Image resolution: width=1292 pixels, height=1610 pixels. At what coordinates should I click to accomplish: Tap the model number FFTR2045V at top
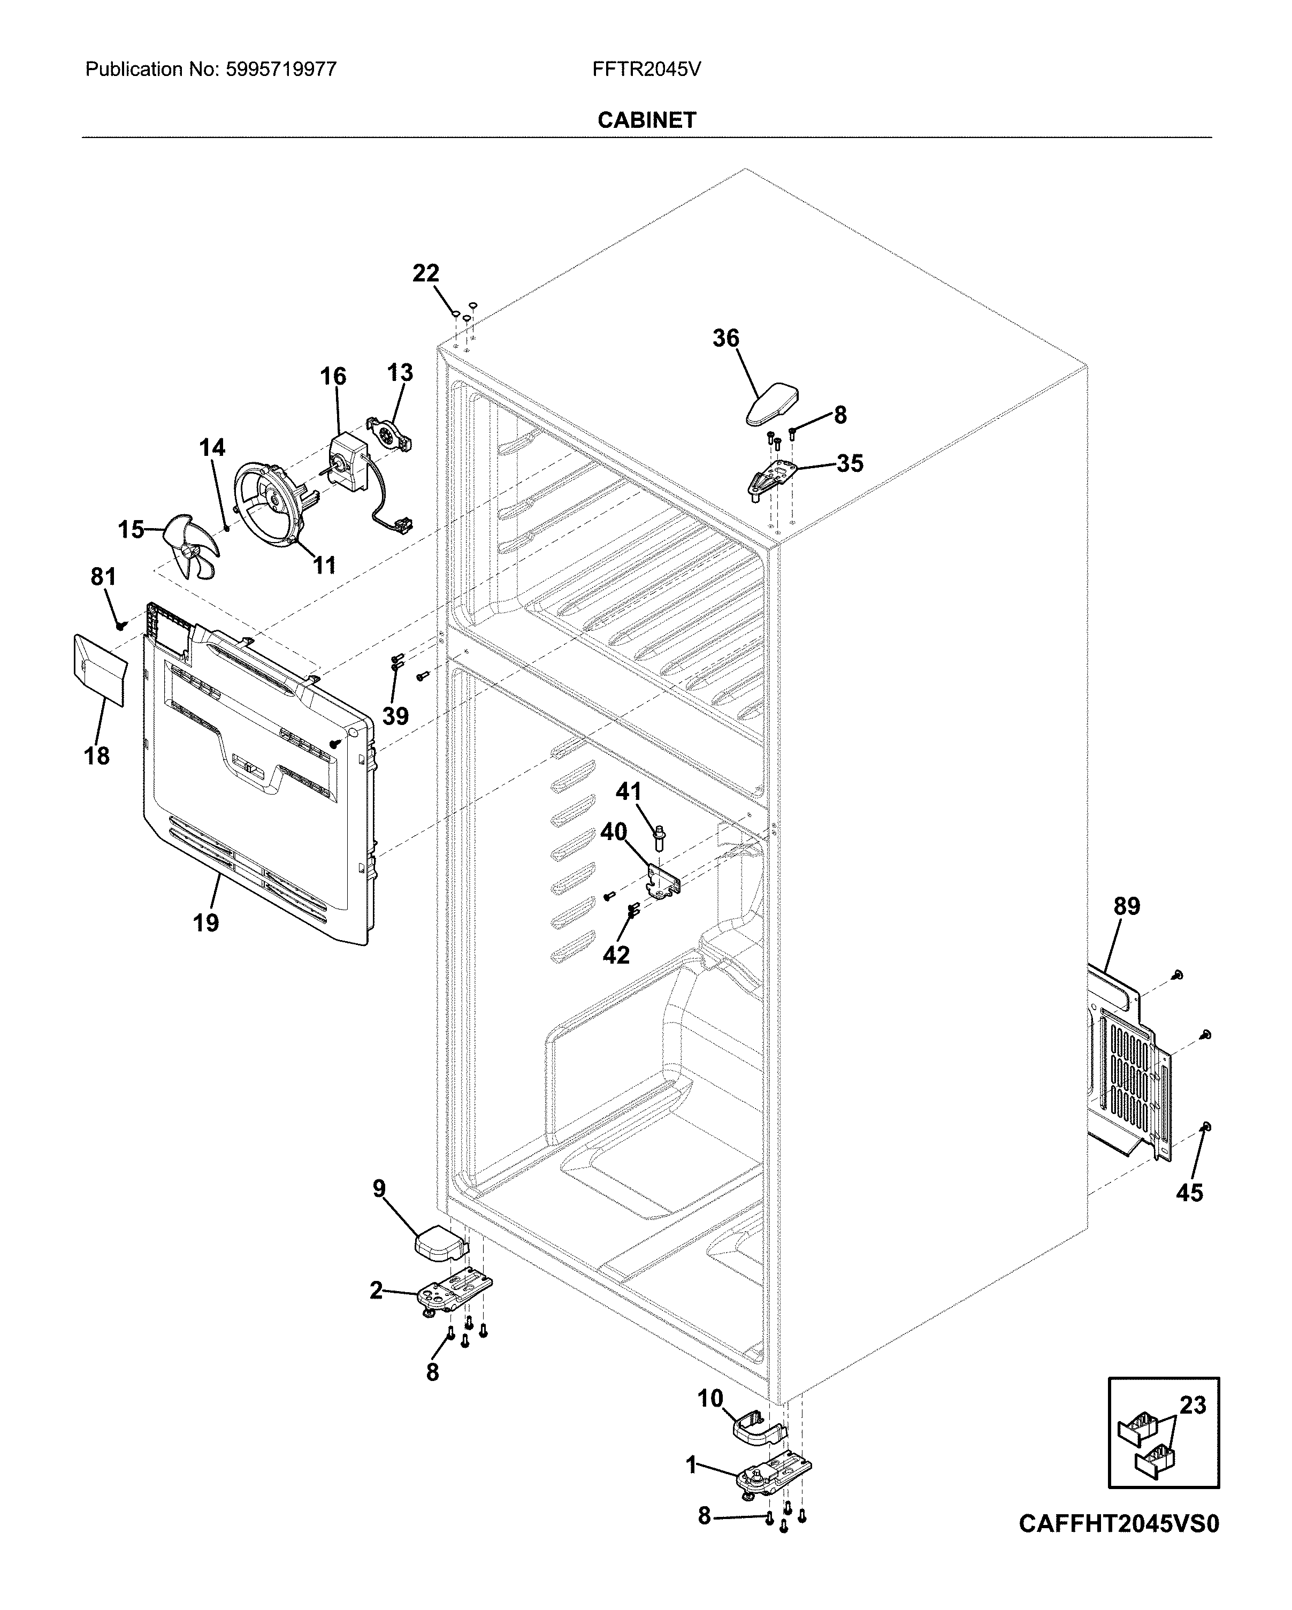pyautogui.click(x=646, y=70)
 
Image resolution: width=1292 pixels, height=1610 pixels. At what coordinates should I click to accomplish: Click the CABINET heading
pyautogui.click(x=646, y=120)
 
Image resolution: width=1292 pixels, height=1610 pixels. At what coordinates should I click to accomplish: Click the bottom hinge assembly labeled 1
pyautogui.click(x=773, y=1478)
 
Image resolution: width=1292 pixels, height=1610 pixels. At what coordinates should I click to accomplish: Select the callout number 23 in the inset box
pyautogui.click(x=1192, y=1406)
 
